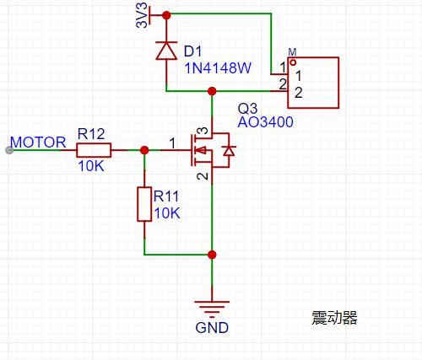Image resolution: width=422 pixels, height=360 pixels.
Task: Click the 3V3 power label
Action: pos(142,15)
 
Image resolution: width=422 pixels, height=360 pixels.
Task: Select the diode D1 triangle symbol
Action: pos(166,51)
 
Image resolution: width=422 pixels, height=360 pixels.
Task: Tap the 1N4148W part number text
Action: pos(218,68)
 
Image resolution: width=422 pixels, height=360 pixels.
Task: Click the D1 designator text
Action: pos(193,51)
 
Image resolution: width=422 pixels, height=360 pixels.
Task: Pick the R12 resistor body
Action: pos(94,150)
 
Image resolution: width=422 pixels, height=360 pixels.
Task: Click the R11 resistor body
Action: pos(144,204)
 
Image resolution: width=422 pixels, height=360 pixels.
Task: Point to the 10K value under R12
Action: pos(91,166)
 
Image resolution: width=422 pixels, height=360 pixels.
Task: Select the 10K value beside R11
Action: pos(167,213)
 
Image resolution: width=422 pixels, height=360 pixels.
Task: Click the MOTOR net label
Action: pos(38,142)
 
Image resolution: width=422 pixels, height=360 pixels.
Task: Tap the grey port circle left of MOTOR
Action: pos(9,150)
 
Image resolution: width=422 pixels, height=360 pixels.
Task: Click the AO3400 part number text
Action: pos(265,122)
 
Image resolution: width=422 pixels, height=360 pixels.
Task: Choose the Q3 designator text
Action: pos(247,109)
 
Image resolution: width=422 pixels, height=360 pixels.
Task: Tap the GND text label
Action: pos(212,328)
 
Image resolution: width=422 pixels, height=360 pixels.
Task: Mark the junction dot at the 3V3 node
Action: pos(166,15)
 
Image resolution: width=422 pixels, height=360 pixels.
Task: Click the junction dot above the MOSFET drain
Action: pos(212,91)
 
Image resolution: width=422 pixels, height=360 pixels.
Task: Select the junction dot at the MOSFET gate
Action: pos(144,150)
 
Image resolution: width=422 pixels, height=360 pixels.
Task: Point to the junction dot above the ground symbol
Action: pos(212,255)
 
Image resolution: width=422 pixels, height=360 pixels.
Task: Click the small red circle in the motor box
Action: pos(293,62)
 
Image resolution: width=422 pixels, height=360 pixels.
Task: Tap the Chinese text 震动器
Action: pos(334,318)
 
